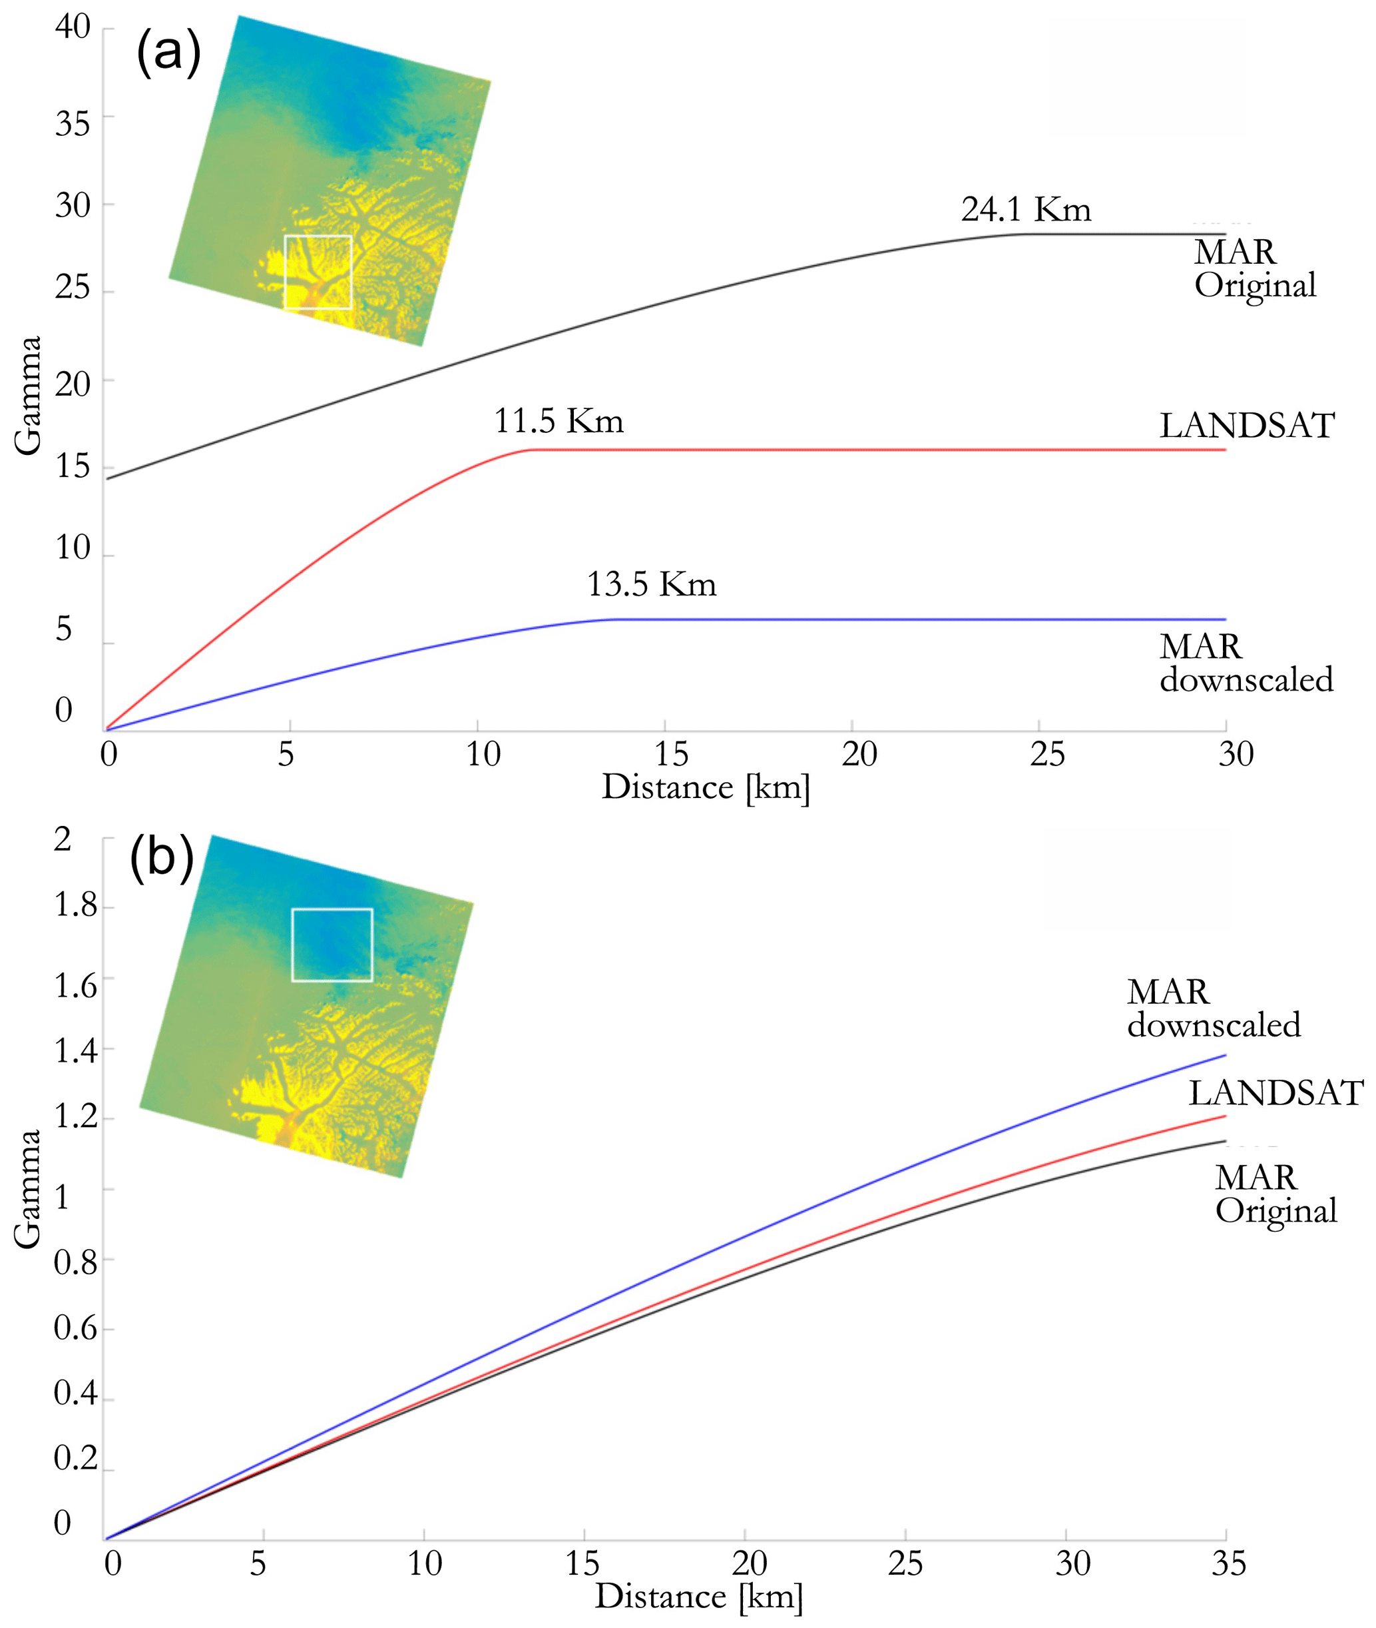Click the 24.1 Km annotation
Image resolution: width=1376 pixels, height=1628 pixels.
[x=1025, y=209]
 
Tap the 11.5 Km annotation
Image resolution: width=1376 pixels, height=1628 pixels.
[x=559, y=422]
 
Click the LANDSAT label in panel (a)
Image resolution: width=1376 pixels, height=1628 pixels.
[x=1246, y=426]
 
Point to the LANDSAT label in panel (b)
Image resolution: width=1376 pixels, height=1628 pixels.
[x=1275, y=1093]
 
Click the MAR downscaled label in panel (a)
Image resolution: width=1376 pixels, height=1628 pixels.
[x=1246, y=663]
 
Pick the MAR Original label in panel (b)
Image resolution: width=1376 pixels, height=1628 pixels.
[x=1275, y=1194]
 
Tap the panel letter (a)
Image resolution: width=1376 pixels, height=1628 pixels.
[x=168, y=52]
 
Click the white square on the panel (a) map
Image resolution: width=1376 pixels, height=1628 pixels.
[x=318, y=272]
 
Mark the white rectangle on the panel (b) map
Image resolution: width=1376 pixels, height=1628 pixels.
[x=332, y=945]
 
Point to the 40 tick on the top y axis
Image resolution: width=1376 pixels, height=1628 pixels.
[x=73, y=27]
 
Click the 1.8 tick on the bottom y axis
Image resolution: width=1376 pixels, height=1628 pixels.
[x=75, y=905]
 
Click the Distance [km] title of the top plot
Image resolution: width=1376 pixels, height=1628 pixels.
[x=706, y=787]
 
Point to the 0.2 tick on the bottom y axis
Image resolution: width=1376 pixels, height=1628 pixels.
[x=75, y=1458]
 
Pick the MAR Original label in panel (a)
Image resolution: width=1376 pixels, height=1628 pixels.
[x=1254, y=268]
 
